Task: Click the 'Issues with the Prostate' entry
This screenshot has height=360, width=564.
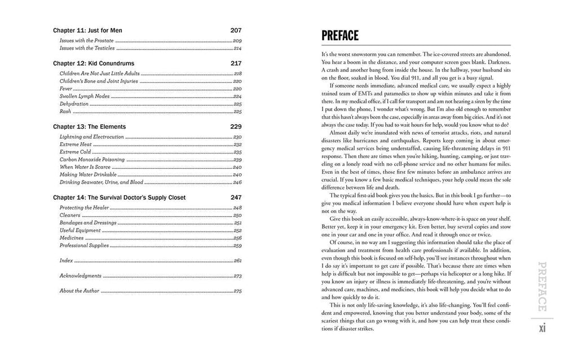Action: coord(87,41)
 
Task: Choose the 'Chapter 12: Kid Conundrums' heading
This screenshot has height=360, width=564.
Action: coord(94,63)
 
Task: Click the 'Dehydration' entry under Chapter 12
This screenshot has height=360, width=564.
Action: coord(74,104)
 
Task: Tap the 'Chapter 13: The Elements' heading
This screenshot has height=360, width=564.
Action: coord(89,126)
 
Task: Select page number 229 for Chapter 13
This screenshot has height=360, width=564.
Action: coord(236,126)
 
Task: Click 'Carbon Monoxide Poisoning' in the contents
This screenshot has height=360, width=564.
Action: coord(92,160)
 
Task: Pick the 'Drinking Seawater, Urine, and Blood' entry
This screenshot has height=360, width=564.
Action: coord(102,182)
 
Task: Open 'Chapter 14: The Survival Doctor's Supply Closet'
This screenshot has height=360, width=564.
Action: coord(119,197)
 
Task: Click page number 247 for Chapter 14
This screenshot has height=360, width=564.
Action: coord(236,197)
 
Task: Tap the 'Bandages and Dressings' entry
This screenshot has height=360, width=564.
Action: coord(88,223)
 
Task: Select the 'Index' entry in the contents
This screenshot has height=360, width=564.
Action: coord(66,261)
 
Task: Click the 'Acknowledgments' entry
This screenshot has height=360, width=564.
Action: coord(81,276)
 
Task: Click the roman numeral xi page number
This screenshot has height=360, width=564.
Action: coord(543,328)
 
